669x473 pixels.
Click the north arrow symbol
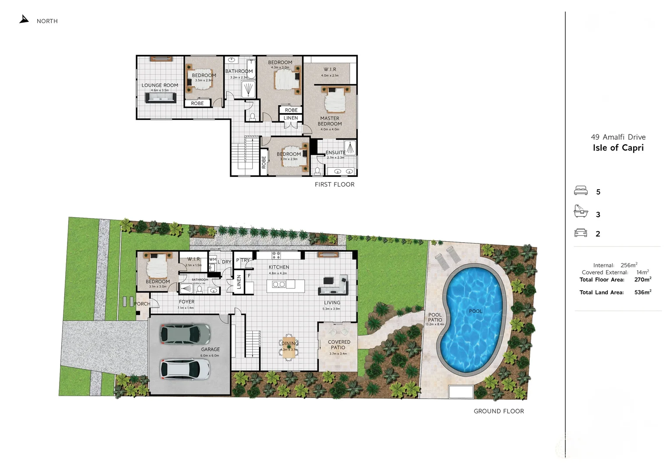[x=24, y=19]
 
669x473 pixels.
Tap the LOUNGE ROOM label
[x=160, y=85]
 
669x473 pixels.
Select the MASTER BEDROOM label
[x=330, y=121]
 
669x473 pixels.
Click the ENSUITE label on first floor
[x=335, y=153]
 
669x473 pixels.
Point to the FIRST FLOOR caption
[x=334, y=184]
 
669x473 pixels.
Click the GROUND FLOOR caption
[x=499, y=411]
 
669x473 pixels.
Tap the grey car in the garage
[x=185, y=334]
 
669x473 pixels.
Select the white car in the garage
[x=185, y=369]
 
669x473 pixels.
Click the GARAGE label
[x=210, y=349]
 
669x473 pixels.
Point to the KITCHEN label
[x=279, y=267]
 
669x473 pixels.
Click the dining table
[x=289, y=348]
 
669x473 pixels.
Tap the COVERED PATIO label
[x=339, y=345]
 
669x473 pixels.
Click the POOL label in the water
[x=475, y=311]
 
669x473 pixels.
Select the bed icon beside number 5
[x=581, y=191]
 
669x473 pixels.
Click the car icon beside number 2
[x=581, y=233]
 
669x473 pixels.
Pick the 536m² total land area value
[x=643, y=292]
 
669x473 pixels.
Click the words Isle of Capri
[x=618, y=148]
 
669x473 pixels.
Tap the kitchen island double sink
[x=279, y=285]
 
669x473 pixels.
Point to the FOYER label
[x=187, y=302]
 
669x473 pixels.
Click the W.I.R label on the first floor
[x=330, y=70]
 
